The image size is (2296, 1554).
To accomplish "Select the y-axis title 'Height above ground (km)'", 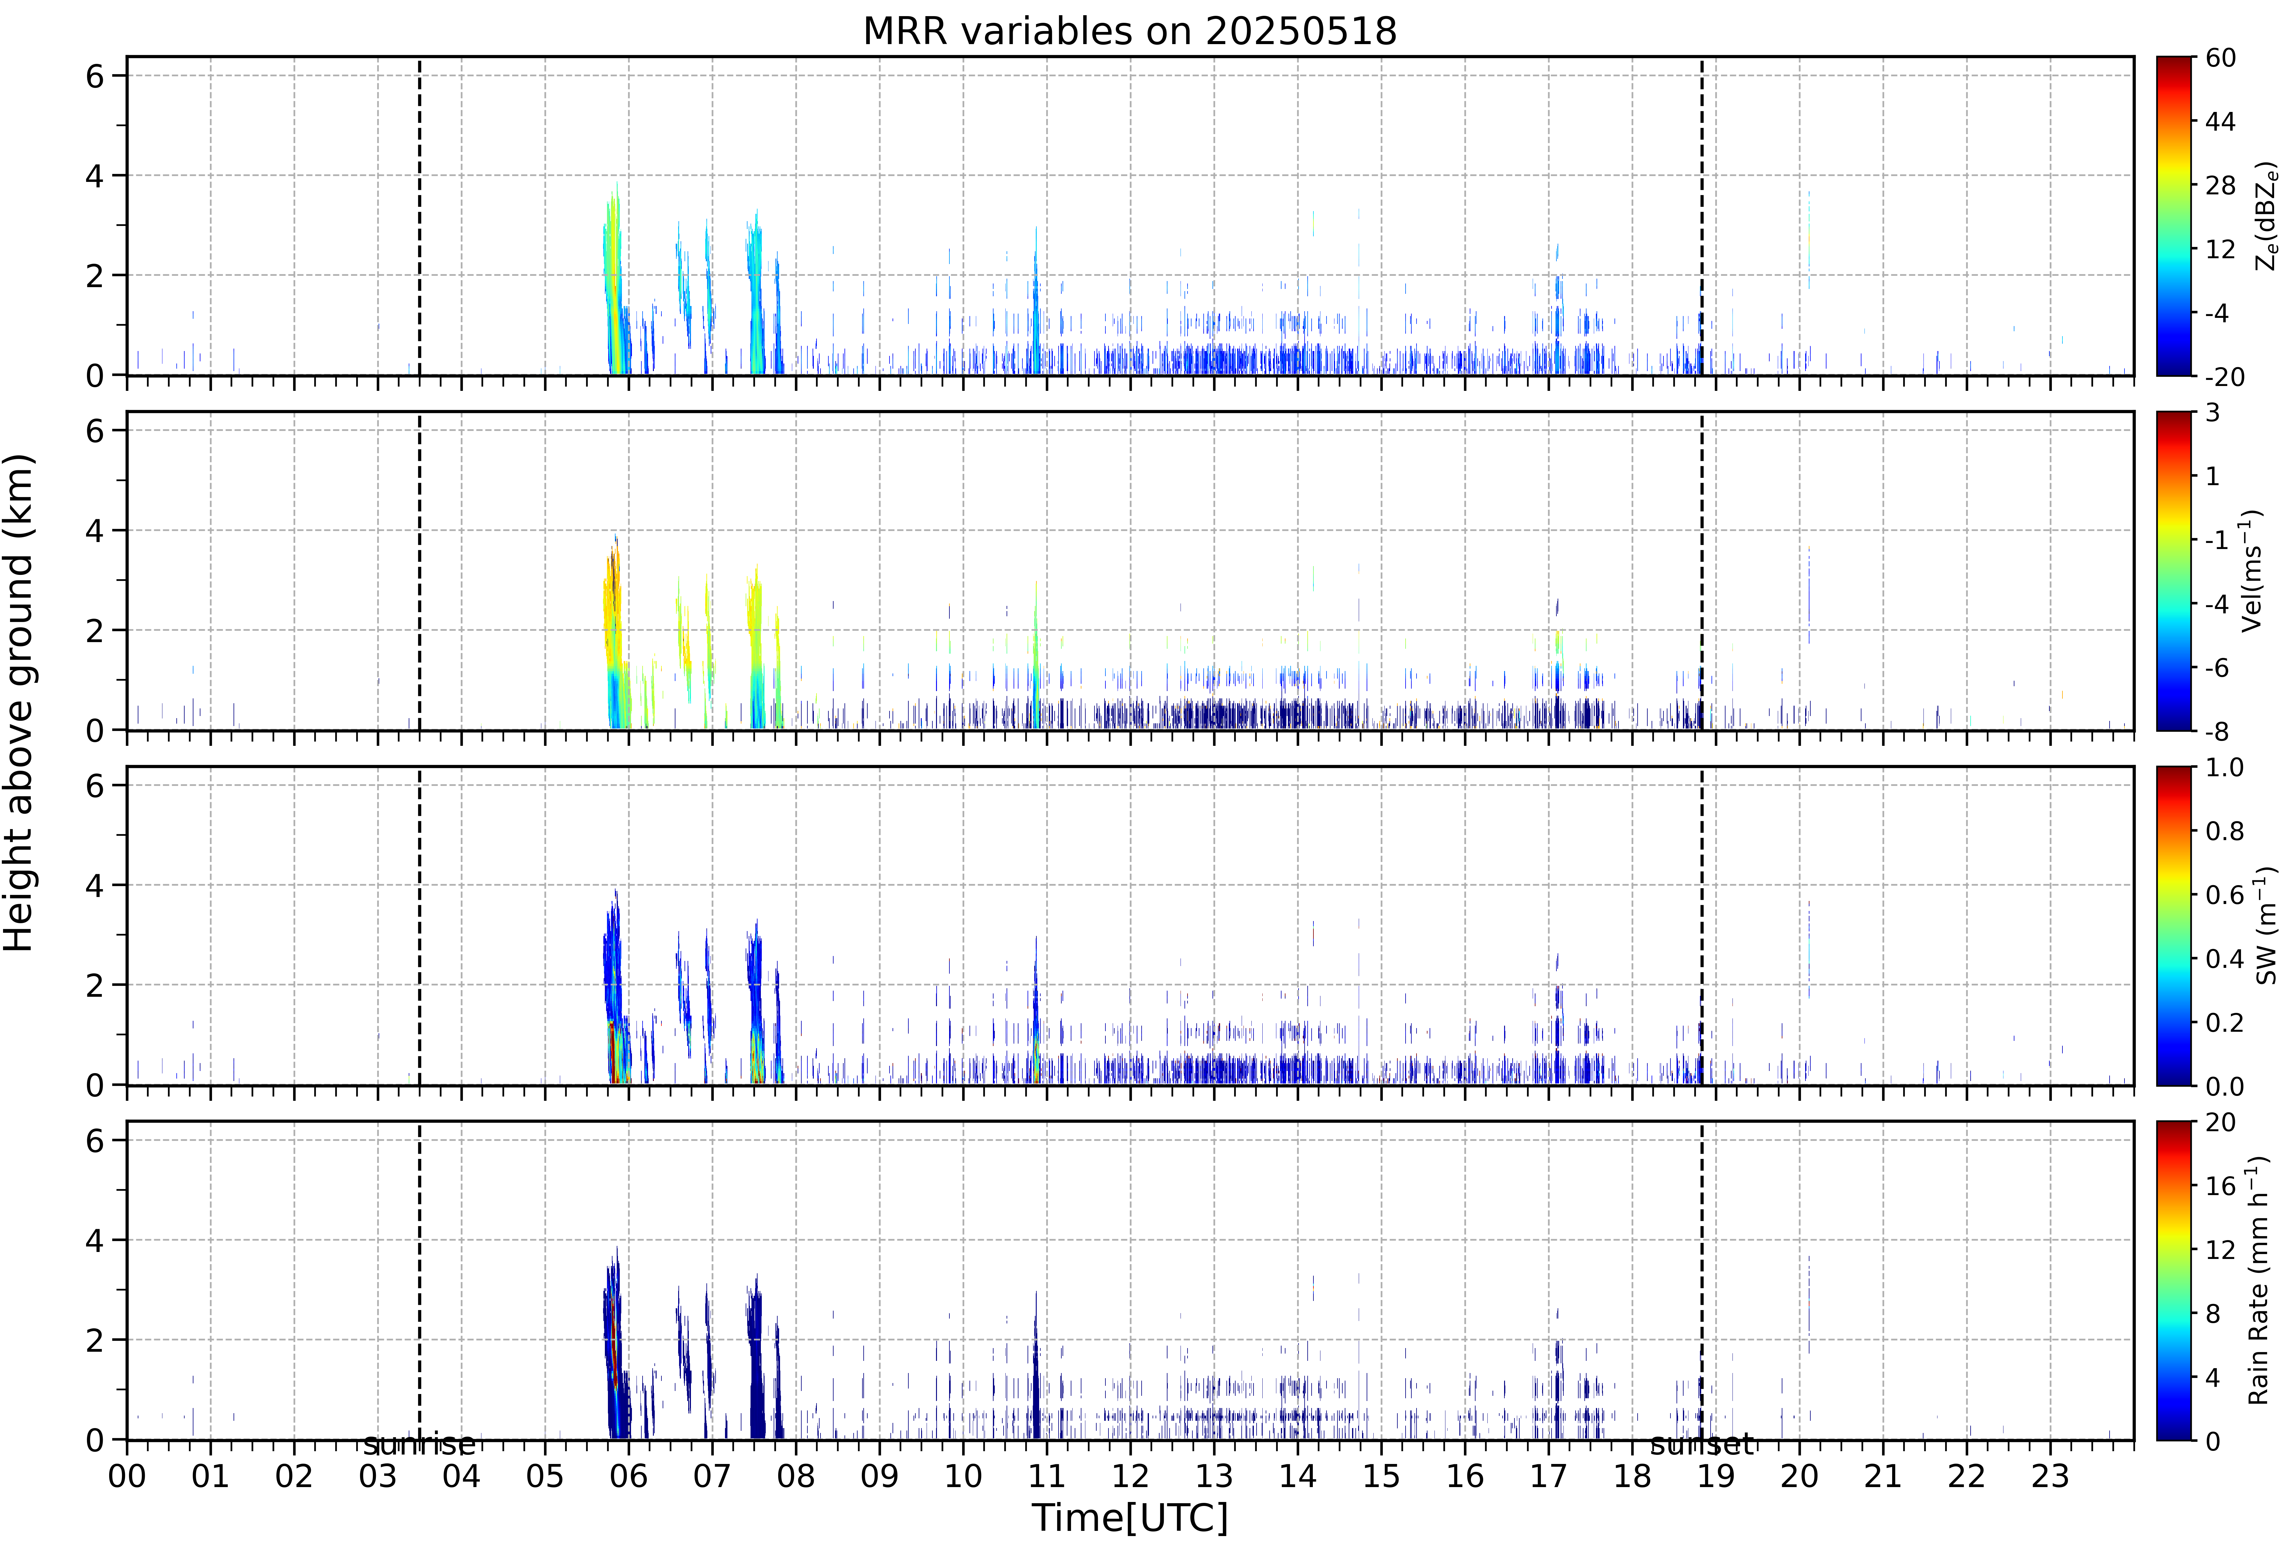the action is tap(19, 702).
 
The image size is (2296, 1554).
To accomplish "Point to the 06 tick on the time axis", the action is tap(628, 1476).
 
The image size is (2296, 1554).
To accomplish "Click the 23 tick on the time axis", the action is tap(2050, 1476).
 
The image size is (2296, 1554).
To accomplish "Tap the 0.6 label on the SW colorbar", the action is tap(2225, 895).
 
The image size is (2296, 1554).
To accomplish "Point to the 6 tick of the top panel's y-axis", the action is tap(95, 76).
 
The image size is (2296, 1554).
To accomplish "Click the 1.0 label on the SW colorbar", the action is tap(2225, 768).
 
